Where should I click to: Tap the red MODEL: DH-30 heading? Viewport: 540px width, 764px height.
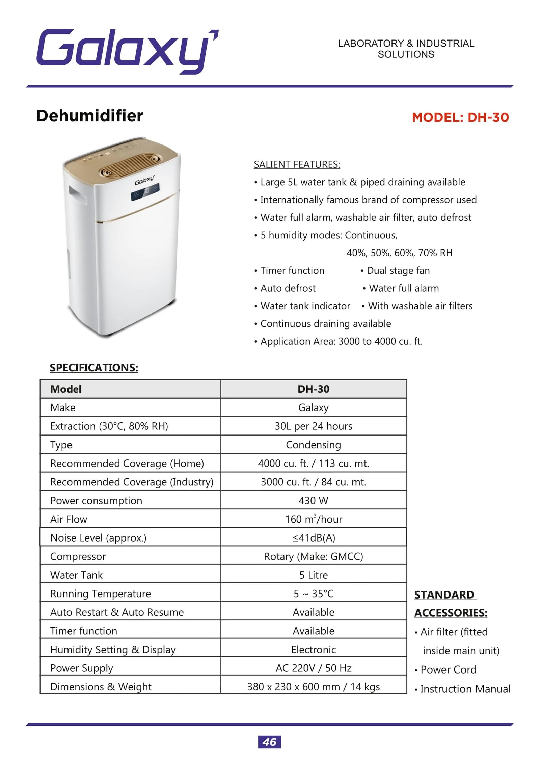tap(460, 117)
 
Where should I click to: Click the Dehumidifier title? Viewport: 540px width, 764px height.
tap(89, 116)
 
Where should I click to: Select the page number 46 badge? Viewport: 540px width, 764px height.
tap(269, 742)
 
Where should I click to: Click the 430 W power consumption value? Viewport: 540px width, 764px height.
tap(313, 500)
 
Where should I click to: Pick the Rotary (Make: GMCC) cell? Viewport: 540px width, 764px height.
tap(313, 556)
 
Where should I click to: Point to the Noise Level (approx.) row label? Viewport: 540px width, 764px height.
tap(98, 537)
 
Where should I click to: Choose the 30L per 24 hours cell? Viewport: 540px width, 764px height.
tap(313, 426)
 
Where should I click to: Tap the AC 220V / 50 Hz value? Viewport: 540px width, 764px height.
tap(313, 668)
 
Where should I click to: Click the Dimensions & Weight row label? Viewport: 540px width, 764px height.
tap(101, 686)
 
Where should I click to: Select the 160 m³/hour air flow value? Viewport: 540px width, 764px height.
tap(313, 519)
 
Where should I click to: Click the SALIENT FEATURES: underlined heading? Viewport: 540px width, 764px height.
tap(297, 164)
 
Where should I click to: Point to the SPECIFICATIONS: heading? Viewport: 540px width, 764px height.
tap(94, 367)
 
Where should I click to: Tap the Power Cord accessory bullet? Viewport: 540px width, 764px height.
tap(448, 669)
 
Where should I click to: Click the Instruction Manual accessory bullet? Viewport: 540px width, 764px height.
tap(465, 689)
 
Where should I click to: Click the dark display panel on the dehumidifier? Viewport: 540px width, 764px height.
tap(145, 192)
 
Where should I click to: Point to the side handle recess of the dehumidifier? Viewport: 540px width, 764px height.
tap(77, 194)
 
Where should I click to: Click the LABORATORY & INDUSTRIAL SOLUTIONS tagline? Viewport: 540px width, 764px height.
tap(406, 49)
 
